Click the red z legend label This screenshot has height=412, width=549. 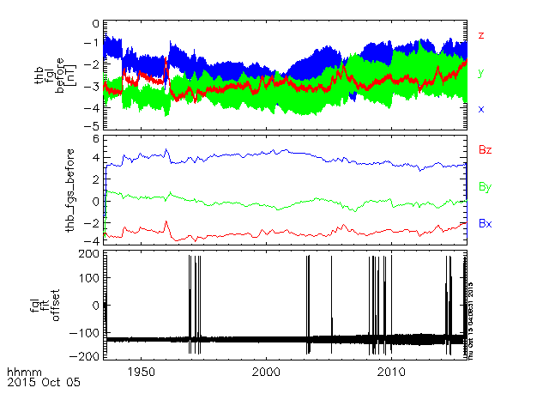coord(482,35)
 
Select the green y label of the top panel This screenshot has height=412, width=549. coord(482,72)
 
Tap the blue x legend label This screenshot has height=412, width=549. coord(482,109)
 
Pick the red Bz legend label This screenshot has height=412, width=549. coord(485,150)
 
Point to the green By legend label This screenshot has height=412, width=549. coord(485,186)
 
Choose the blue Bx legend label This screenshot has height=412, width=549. coord(485,223)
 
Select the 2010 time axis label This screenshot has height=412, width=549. coord(392,372)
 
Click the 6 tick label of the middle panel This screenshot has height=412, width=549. coord(96,139)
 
